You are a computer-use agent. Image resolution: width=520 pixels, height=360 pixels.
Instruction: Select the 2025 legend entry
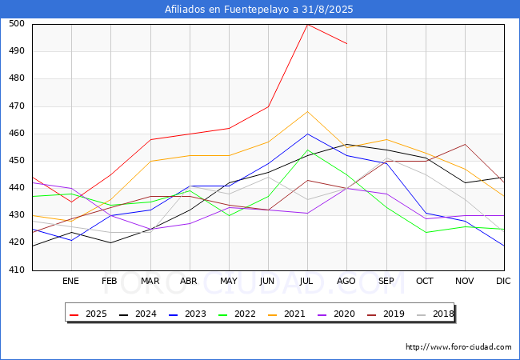click(x=88, y=314)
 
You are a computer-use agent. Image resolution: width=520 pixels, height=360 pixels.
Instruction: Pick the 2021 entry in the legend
click(x=286, y=314)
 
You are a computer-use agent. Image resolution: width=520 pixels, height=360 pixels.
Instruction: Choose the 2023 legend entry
click(x=187, y=314)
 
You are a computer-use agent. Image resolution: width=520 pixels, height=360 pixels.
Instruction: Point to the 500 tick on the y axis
click(x=17, y=23)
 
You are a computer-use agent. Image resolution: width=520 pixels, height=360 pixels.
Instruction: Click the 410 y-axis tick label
click(x=17, y=270)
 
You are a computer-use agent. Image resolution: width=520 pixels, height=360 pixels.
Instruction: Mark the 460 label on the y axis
click(x=17, y=134)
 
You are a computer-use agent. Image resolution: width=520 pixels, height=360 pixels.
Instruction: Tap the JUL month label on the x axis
click(x=306, y=281)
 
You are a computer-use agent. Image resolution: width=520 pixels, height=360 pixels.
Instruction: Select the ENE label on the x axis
click(x=70, y=281)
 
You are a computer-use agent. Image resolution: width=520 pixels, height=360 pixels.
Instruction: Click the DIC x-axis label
click(x=503, y=281)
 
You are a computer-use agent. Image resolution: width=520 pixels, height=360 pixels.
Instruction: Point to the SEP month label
click(x=386, y=281)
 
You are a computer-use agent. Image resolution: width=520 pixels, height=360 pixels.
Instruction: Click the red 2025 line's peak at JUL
click(x=308, y=25)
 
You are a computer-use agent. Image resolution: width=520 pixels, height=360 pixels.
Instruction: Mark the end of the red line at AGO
click(x=347, y=44)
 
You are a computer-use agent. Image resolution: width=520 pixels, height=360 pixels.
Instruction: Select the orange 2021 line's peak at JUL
click(x=308, y=112)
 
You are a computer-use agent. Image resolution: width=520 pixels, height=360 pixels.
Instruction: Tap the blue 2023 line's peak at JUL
click(x=308, y=134)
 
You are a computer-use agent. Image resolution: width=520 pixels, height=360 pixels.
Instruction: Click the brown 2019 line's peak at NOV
click(x=466, y=144)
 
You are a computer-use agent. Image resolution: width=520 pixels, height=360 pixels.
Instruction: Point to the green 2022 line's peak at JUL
click(x=308, y=150)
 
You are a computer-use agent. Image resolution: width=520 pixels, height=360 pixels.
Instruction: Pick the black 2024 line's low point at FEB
click(x=110, y=243)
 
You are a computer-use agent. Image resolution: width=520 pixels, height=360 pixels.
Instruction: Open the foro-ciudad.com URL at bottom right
click(x=458, y=347)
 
